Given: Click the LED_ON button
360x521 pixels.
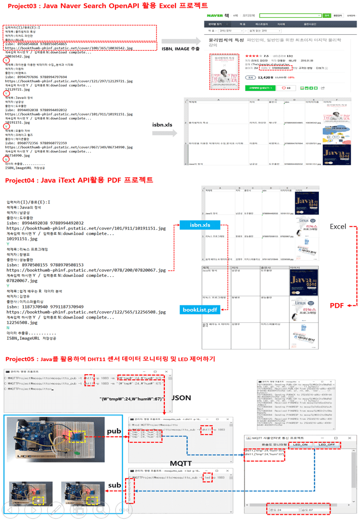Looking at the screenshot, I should click(x=300, y=444).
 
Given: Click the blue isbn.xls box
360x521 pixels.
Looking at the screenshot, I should click(x=200, y=225).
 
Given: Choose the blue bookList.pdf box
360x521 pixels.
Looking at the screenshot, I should click(x=200, y=309).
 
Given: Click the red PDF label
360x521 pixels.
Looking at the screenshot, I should click(x=337, y=305).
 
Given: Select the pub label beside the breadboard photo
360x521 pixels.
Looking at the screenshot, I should click(x=114, y=430).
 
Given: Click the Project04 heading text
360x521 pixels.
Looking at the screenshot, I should click(x=79, y=180).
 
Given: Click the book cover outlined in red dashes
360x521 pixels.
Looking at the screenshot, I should click(x=224, y=72).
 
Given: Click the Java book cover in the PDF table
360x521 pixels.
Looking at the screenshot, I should click(x=304, y=282).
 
